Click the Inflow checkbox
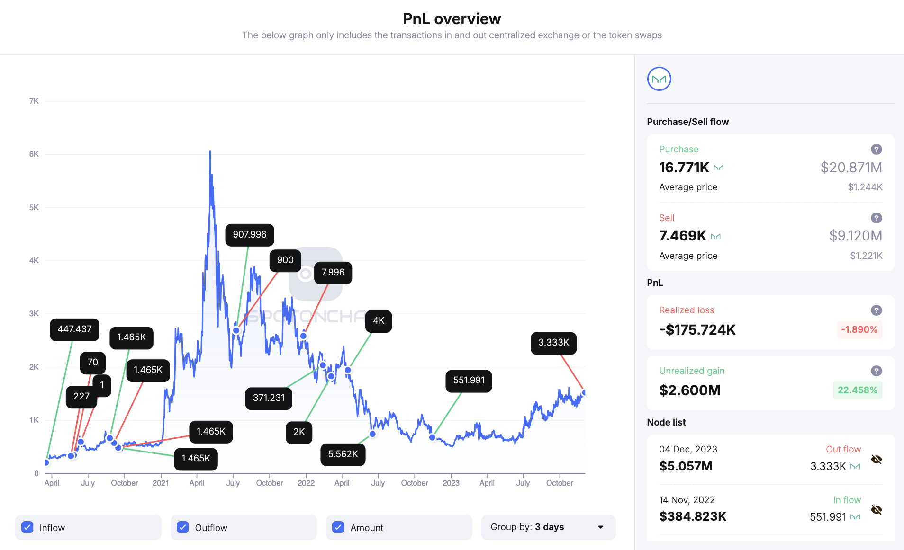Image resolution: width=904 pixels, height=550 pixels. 27,527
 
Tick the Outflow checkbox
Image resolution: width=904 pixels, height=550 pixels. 183,527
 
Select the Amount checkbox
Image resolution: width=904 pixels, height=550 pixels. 338,527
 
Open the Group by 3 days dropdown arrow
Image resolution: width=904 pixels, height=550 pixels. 600,527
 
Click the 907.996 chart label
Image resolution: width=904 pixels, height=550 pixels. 250,235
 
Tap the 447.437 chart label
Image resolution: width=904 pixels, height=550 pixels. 74,329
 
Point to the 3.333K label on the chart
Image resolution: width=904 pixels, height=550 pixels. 553,343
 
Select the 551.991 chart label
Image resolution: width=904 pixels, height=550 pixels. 469,381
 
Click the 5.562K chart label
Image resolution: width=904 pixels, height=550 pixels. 343,454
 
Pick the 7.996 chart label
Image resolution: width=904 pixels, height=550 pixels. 333,273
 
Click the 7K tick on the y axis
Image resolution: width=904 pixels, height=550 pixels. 34,101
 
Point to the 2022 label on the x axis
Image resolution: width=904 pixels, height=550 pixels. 306,483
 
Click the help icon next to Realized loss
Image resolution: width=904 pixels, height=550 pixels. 876,310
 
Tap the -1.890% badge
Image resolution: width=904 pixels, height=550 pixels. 859,330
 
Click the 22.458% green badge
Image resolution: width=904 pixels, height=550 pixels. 857,390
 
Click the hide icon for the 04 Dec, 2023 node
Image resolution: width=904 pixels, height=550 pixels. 876,460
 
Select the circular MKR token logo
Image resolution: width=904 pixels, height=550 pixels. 659,79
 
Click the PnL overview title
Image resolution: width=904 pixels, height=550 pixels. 452,19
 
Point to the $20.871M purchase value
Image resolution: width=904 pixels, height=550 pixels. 851,168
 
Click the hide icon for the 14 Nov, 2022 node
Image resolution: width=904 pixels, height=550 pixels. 876,510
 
